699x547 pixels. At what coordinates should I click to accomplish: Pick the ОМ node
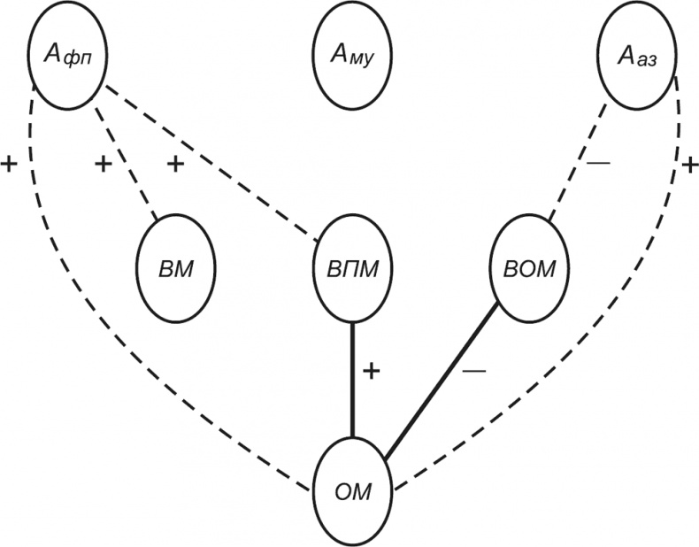(353, 490)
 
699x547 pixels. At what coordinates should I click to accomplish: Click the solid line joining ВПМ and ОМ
(353, 381)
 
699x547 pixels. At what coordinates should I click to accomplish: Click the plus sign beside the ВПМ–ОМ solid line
(373, 371)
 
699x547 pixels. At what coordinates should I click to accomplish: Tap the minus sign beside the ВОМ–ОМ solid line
(474, 372)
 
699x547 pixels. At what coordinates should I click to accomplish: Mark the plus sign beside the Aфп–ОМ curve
(10, 165)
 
